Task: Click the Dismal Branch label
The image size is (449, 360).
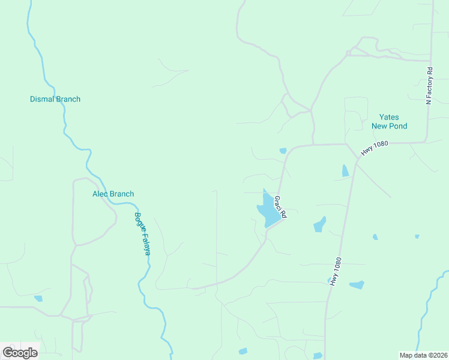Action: click(55, 99)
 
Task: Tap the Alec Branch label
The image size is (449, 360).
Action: click(113, 194)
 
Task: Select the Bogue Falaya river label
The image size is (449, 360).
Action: click(142, 234)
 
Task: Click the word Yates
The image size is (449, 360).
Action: click(389, 117)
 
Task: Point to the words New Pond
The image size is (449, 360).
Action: click(389, 126)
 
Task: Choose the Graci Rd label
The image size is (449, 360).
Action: click(280, 206)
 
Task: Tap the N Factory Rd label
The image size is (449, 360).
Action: click(429, 86)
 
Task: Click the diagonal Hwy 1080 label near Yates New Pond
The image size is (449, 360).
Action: click(375, 149)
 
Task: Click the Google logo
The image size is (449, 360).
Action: click(20, 353)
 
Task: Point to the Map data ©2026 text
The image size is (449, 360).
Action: click(423, 355)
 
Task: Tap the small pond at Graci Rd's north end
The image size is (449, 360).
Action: click(283, 151)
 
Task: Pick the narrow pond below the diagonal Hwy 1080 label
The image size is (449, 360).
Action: click(345, 171)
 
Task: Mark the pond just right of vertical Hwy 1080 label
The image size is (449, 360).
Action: click(357, 285)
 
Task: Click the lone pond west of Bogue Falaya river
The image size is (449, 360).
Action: click(38, 298)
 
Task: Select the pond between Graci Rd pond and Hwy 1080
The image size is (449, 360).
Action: click(320, 225)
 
